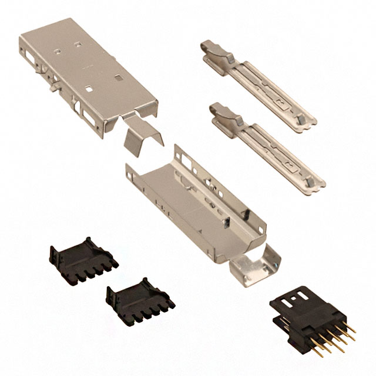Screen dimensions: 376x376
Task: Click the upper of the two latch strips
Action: tap(258, 82)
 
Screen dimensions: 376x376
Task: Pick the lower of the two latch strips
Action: tap(267, 144)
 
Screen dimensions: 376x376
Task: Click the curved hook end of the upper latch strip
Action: tap(215, 50)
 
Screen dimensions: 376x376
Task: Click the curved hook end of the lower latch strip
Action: tap(224, 112)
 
